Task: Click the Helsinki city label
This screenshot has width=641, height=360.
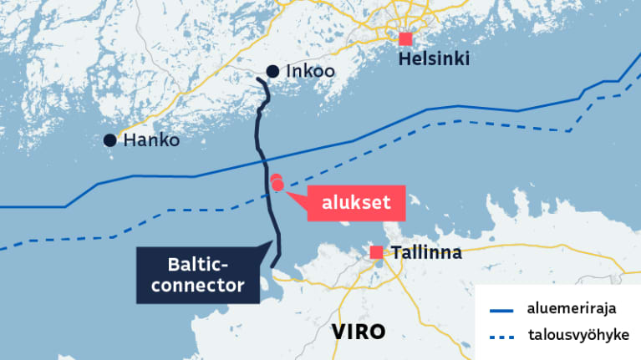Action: click(434, 59)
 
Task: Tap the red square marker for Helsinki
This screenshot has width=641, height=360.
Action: click(406, 38)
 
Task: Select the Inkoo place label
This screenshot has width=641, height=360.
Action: click(310, 72)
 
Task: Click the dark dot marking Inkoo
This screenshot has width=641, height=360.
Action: click(272, 72)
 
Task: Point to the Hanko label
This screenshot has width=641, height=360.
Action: click(151, 140)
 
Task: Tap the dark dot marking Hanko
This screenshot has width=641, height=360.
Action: click(109, 140)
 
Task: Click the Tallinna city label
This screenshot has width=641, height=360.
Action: click(427, 252)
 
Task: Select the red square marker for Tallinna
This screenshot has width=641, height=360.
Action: click(377, 252)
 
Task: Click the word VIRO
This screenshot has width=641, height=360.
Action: click(359, 331)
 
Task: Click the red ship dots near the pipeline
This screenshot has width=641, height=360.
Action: click(277, 183)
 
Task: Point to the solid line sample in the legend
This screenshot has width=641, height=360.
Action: click(499, 310)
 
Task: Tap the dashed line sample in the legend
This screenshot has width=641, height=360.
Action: click(499, 337)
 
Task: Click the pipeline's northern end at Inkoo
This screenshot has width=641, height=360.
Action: click(258, 79)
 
